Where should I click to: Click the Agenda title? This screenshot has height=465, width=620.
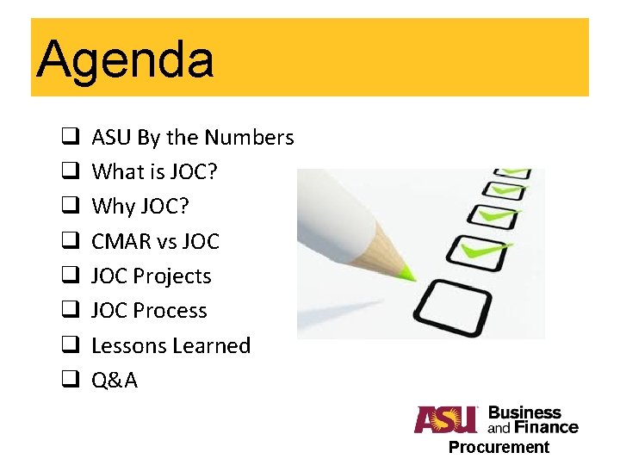click(x=125, y=59)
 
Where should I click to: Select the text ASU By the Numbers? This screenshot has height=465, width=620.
click(x=192, y=138)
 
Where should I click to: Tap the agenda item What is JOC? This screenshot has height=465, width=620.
click(x=154, y=172)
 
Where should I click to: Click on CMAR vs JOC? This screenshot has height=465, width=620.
click(x=155, y=241)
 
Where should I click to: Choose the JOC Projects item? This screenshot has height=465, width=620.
click(x=151, y=276)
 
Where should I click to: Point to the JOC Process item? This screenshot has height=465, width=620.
click(x=149, y=311)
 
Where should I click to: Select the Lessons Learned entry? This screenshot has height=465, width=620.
click(x=170, y=345)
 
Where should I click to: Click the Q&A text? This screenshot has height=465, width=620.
click(x=114, y=381)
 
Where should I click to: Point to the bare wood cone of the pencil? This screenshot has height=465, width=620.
click(x=379, y=255)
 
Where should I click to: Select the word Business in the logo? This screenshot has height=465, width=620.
click(x=524, y=412)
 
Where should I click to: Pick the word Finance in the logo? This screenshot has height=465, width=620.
click(x=543, y=426)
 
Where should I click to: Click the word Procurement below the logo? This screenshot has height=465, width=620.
click(x=498, y=447)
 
